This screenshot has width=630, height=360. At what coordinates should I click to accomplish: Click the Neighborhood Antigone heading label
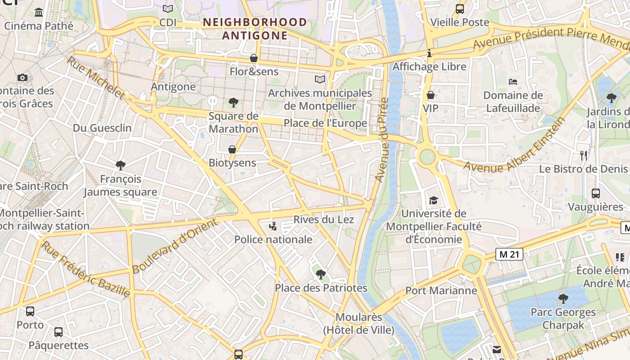pyautogui.click(x=255, y=28)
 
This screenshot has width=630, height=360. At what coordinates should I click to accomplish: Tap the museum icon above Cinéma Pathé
pyautogui.click(x=39, y=12)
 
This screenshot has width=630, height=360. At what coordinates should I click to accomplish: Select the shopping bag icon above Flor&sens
pyautogui.click(x=254, y=58)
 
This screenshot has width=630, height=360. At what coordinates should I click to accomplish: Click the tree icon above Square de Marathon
pyautogui.click(x=233, y=103)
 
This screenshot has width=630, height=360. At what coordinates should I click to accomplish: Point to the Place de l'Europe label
pyautogui.click(x=325, y=123)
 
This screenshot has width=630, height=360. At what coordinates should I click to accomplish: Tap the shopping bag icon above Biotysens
pyautogui.click(x=232, y=149)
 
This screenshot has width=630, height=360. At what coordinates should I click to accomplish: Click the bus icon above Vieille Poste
pyautogui.click(x=459, y=9)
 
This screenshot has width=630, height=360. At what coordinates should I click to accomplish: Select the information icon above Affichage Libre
pyautogui.click(x=429, y=53)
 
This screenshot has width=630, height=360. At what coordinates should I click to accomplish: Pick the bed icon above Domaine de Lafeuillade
pyautogui.click(x=513, y=82)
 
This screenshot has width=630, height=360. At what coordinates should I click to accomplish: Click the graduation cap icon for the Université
pyautogui.click(x=433, y=200)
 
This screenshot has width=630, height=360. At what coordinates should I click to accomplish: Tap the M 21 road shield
pyautogui.click(x=510, y=254)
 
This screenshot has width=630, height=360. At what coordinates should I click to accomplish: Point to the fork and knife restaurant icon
pyautogui.click(x=584, y=156)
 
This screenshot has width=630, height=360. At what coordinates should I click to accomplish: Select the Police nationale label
pyautogui.click(x=273, y=239)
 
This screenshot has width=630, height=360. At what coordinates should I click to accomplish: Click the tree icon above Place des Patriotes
pyautogui.click(x=320, y=274)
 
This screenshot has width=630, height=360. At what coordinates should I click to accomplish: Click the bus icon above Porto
pyautogui.click(x=30, y=311)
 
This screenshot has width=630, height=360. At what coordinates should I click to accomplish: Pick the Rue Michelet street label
pyautogui.click(x=95, y=77)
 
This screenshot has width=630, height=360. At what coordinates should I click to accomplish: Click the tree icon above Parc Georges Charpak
pyautogui.click(x=563, y=298)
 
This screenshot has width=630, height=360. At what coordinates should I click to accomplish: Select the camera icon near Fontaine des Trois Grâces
pyautogui.click(x=22, y=77)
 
